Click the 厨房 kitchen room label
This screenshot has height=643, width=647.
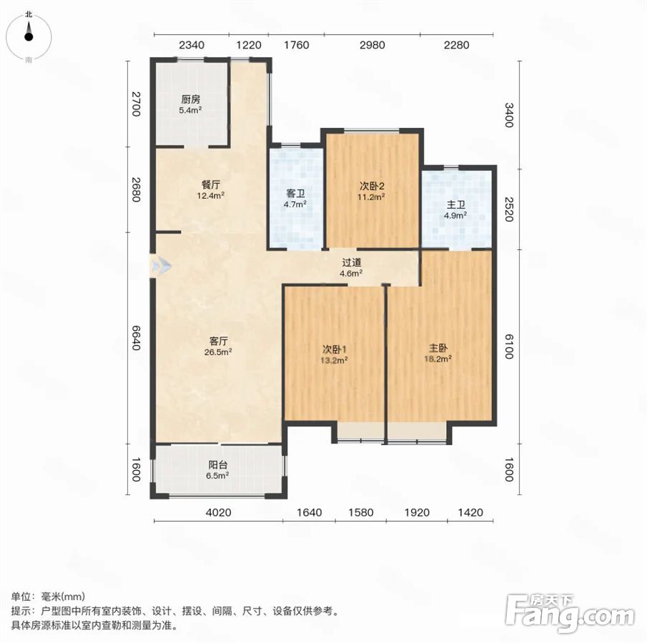[x=191, y=99]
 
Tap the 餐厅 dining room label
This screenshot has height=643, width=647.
[x=211, y=185]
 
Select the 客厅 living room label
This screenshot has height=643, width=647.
[x=218, y=341]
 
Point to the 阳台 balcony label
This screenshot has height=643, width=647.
[x=218, y=465]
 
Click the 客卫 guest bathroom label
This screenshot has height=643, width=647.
[x=295, y=194]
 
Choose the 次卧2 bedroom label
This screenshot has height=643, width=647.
[x=371, y=186]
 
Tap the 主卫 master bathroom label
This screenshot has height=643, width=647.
[x=455, y=204]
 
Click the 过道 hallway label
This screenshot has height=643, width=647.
[x=352, y=262]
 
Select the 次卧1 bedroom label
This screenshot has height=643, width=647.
[x=335, y=350]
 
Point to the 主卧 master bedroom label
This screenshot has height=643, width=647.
[x=438, y=349]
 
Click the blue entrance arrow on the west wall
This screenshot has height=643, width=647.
[x=161, y=266]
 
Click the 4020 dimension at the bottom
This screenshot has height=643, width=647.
[x=218, y=513]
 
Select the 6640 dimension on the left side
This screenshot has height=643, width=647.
[x=136, y=337]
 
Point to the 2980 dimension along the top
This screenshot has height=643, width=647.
[x=372, y=45]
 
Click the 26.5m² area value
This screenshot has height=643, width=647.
[x=218, y=352]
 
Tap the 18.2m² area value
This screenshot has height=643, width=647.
[x=438, y=359]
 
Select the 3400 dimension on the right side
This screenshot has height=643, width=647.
[x=509, y=115]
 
